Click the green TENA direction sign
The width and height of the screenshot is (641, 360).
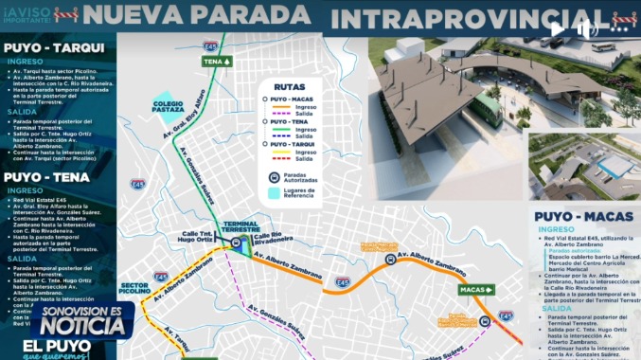218,62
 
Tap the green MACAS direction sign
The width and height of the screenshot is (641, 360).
476,289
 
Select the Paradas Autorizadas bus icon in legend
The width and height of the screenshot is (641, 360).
274,176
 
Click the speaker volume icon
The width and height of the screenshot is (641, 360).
588,28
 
